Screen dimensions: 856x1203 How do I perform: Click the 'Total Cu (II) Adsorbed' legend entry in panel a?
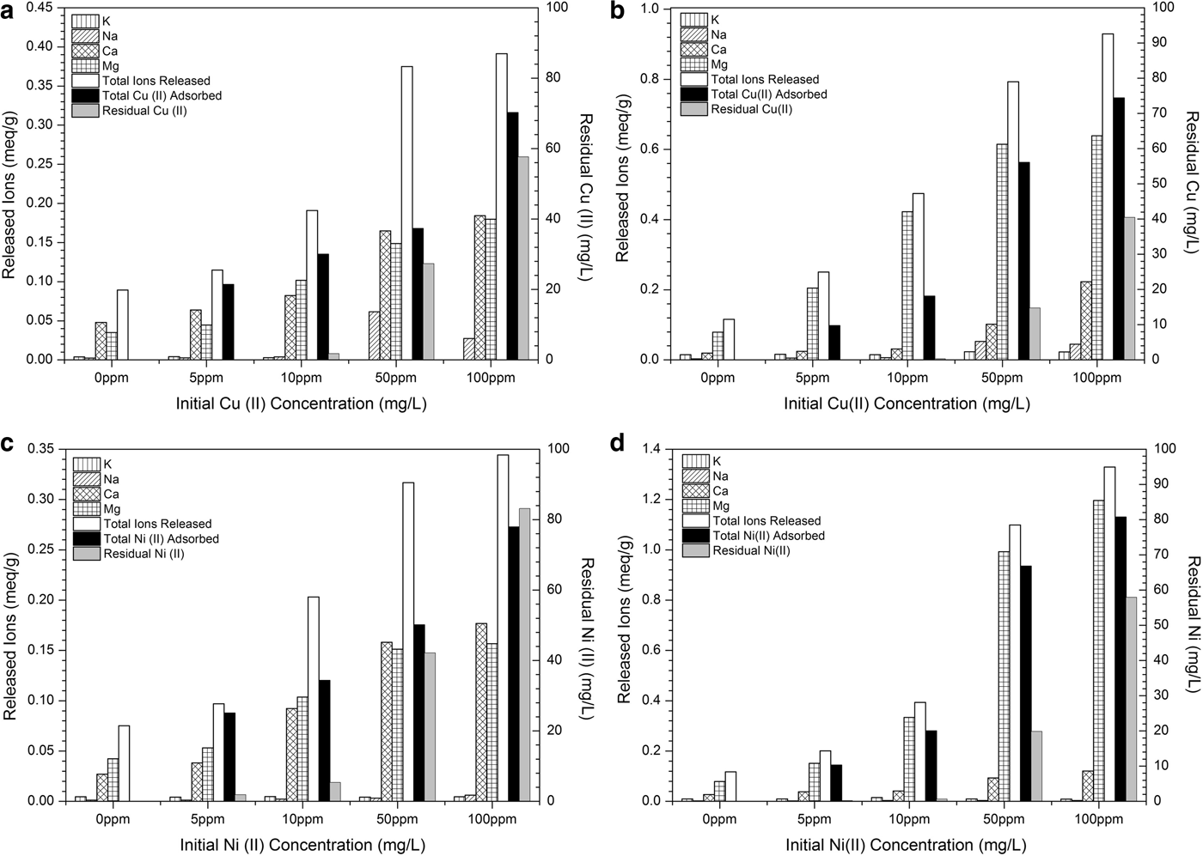coord(162,95)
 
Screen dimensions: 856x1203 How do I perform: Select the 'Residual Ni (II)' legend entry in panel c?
coord(144,554)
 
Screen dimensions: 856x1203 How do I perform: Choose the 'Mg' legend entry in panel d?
coord(721,506)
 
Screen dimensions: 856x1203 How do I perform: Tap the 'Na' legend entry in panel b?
coord(718,34)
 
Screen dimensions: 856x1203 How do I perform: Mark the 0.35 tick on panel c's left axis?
coord(40,449)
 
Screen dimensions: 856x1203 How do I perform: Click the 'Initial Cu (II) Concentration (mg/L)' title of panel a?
coord(301,403)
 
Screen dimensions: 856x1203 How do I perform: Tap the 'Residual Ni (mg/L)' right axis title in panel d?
coord(1193,623)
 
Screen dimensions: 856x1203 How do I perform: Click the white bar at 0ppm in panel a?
coord(123,325)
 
